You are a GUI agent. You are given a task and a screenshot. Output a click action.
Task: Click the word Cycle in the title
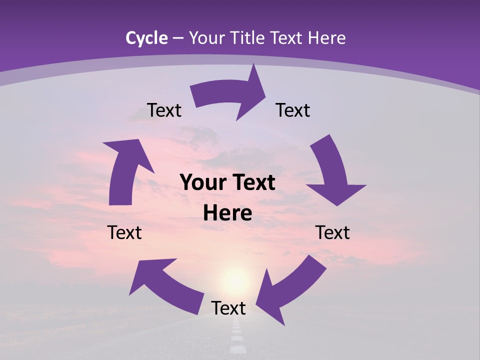click(146, 38)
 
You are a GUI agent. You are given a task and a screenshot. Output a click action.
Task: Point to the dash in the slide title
click(178, 38)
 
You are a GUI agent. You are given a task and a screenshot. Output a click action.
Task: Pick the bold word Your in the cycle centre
click(199, 183)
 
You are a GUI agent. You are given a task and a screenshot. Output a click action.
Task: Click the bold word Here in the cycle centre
click(227, 213)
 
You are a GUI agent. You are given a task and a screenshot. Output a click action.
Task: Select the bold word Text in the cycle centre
click(254, 183)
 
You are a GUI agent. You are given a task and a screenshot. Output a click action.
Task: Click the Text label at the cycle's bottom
click(228, 308)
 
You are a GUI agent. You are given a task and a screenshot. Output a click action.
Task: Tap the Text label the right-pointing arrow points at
click(293, 110)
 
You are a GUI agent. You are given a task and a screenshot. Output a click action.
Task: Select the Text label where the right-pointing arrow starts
click(164, 110)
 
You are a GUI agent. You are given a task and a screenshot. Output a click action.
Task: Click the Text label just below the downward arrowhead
click(333, 232)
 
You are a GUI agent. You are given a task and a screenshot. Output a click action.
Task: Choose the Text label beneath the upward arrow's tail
click(124, 232)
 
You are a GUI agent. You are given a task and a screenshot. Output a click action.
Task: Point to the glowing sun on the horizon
click(235, 277)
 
